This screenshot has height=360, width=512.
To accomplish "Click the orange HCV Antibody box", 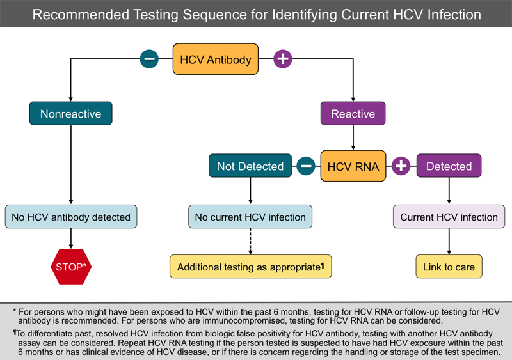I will point(216,59).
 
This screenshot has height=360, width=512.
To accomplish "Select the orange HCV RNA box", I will point(353,166).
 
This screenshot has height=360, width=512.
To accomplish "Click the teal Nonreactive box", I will point(70,114).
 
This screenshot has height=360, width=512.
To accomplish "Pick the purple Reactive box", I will point(353,114).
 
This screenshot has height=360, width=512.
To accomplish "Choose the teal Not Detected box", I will point(250,166).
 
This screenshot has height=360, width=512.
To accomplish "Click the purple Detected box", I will point(449,166).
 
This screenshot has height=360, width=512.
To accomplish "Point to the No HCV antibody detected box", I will point(70,217).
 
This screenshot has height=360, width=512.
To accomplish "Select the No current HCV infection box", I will point(250,217).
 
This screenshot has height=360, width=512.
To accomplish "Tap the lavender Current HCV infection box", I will point(449,217).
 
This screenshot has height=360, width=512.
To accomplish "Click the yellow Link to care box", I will point(449,267).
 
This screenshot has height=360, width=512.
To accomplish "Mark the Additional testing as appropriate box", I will point(250,267).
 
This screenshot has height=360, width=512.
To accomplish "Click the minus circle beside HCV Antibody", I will point(149,59).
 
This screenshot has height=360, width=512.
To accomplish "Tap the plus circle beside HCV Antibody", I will point(282,59).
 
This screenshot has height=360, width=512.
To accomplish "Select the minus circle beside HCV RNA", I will point(306,166).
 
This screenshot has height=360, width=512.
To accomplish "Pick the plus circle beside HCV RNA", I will point(401,166).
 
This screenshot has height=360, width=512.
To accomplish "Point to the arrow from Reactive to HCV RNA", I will point(353,137).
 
